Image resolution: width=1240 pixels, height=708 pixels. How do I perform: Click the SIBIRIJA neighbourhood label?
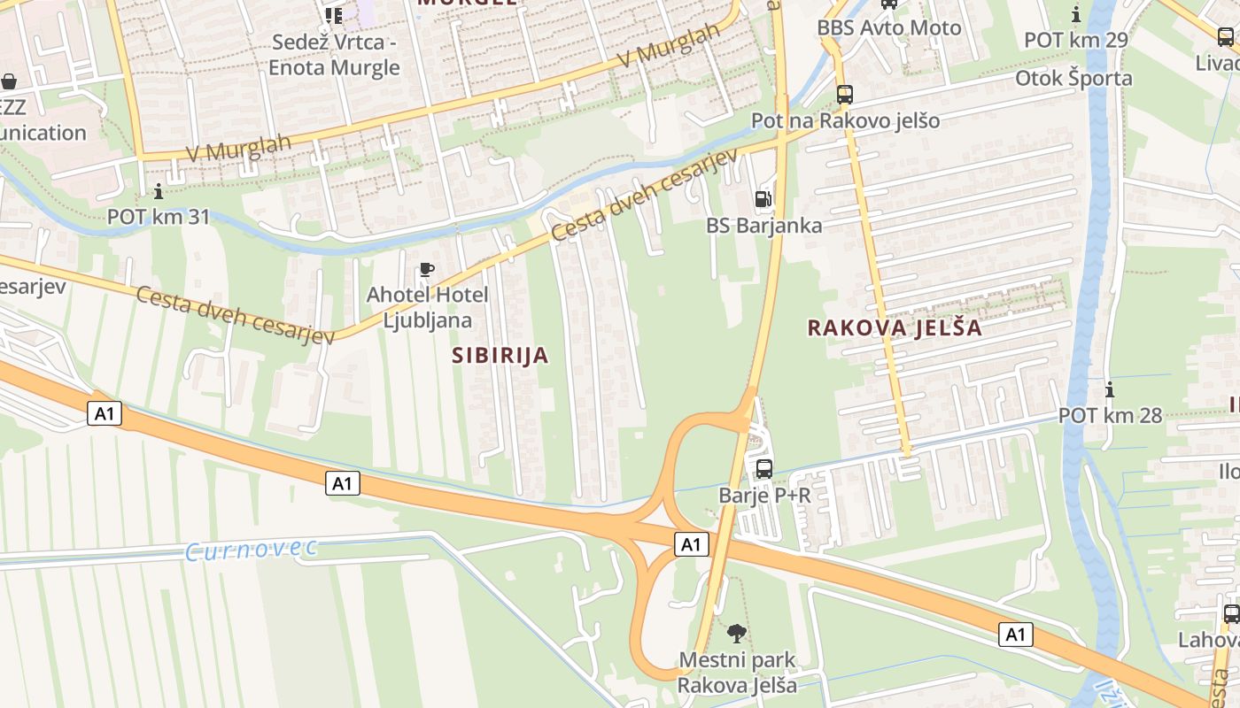pyautogui.click(x=500, y=356)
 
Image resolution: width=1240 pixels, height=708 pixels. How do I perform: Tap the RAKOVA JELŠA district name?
pyautogui.click(x=895, y=327)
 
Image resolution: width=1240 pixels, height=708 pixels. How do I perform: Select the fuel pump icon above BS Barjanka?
pyautogui.click(x=763, y=200)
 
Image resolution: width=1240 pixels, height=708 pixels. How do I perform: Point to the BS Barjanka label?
pyautogui.click(x=763, y=226)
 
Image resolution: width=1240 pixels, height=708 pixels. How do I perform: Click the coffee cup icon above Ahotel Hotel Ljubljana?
pyautogui.click(x=427, y=270)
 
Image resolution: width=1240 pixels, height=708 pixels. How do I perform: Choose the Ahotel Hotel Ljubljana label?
pyautogui.click(x=427, y=307)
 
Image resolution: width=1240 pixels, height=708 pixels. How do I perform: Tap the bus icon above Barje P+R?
pyautogui.click(x=763, y=468)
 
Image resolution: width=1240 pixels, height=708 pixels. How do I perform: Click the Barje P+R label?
pyautogui.click(x=764, y=495)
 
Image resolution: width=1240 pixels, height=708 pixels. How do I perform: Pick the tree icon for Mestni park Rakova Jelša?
pyautogui.click(x=736, y=633)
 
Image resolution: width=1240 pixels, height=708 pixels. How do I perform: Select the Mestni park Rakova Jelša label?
pyautogui.click(x=737, y=673)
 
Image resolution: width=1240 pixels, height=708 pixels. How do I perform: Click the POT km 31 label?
pyautogui.click(x=159, y=216)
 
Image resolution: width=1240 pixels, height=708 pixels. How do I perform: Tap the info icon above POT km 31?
pyautogui.click(x=159, y=191)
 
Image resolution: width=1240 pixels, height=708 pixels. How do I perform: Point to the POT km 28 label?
pyautogui.click(x=1110, y=415)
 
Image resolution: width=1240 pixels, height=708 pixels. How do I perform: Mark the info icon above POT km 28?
pyautogui.click(x=1110, y=389)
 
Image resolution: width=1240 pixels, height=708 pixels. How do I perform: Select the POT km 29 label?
pyautogui.click(x=1076, y=40)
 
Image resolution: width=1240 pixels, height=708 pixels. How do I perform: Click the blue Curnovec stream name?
pyautogui.click(x=251, y=550)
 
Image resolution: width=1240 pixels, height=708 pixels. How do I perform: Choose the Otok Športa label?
pyautogui.click(x=1073, y=78)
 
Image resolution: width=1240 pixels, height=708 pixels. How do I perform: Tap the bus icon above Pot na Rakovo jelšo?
pyautogui.click(x=845, y=94)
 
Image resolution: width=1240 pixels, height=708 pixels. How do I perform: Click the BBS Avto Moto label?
pyautogui.click(x=888, y=27)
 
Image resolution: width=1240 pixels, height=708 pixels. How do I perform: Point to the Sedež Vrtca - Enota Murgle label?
pyautogui.click(x=335, y=55)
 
